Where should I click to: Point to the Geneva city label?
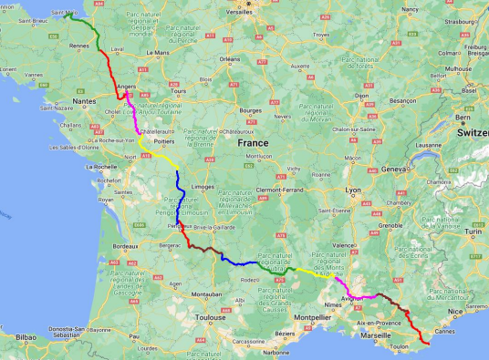[394, 170]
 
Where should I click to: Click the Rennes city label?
[79, 45]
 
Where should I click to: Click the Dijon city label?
[361, 95]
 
